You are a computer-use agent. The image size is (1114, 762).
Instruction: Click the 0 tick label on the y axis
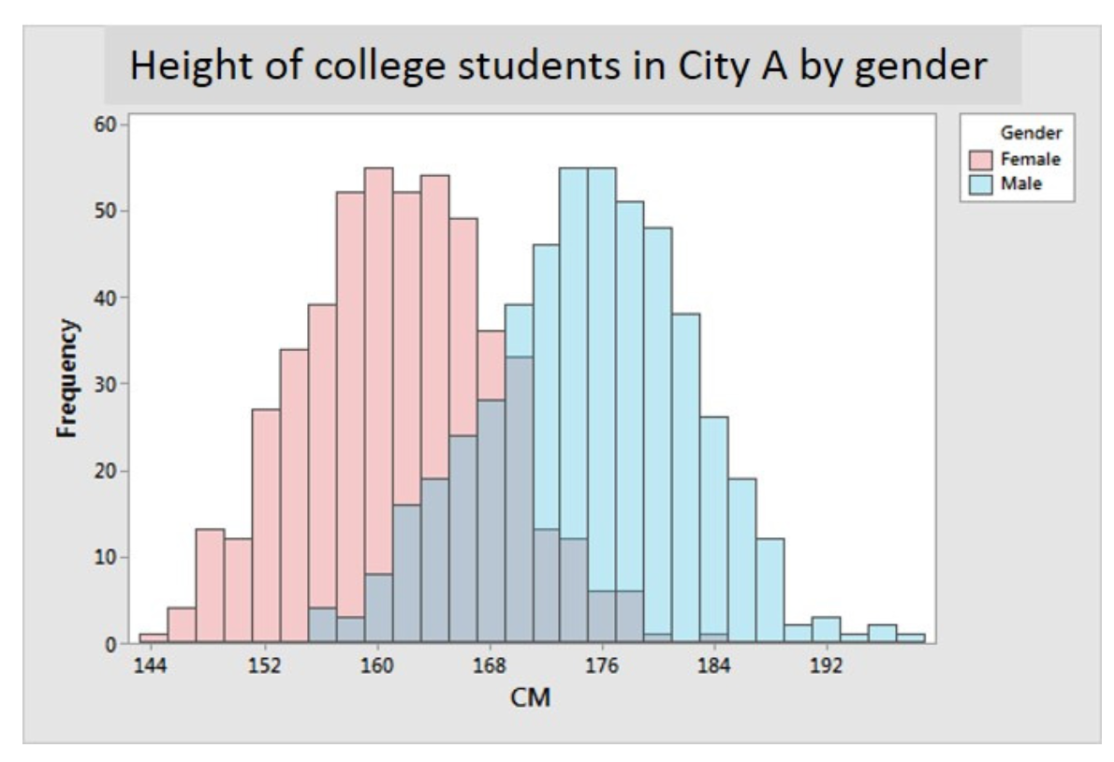coord(110,644)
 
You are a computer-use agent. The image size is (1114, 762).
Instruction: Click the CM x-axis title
coord(531,697)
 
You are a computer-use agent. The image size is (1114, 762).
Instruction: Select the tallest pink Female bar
coord(378,281)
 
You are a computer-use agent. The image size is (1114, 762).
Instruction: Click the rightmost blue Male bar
coord(911,639)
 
